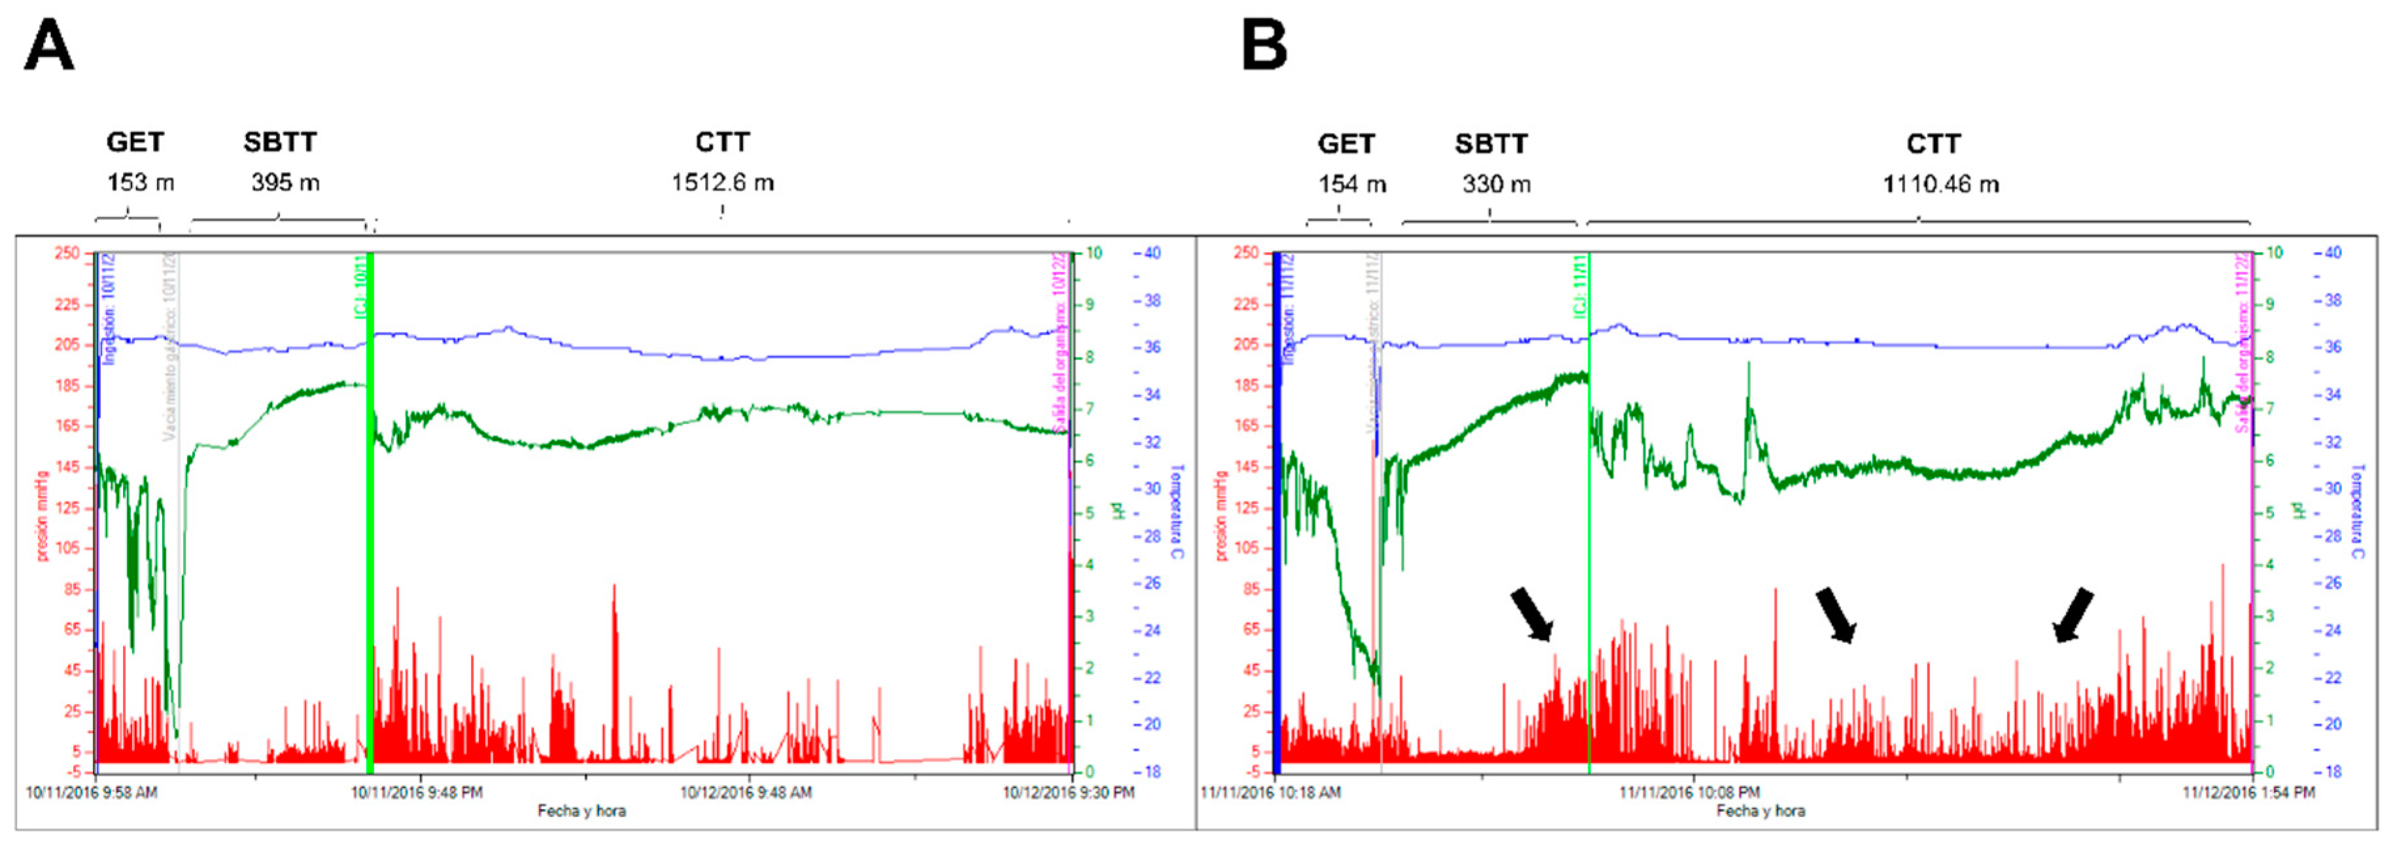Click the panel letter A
coord(48,46)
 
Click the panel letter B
coord(1264,46)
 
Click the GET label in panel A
coord(135,143)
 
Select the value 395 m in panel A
coord(284,183)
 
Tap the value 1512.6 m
coord(723,183)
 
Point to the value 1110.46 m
coord(1940,184)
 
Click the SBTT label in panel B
coord(1491,144)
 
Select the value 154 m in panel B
coord(1352,184)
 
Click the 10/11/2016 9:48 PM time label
coord(417,793)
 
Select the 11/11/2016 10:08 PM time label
coord(1689,793)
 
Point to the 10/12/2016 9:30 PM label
coord(1067,793)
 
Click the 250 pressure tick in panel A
coord(67,253)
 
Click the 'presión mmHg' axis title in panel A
coord(42,516)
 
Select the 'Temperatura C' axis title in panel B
coord(2357,512)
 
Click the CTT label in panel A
coord(723,143)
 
